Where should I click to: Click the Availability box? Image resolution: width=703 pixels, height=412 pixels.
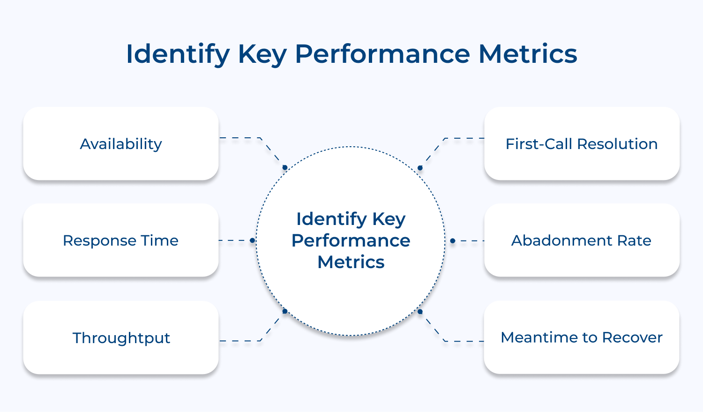pyautogui.click(x=121, y=143)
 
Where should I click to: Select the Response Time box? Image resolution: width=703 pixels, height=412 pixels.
pyautogui.click(x=121, y=240)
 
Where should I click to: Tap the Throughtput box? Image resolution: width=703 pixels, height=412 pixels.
pyautogui.click(x=121, y=337)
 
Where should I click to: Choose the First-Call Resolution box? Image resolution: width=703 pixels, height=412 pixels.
pyautogui.click(x=582, y=143)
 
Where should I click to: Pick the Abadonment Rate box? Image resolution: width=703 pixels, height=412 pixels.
pyautogui.click(x=582, y=240)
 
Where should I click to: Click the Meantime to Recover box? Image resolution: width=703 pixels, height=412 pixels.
pyautogui.click(x=582, y=337)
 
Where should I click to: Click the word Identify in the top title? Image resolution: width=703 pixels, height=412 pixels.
pyautogui.click(x=178, y=54)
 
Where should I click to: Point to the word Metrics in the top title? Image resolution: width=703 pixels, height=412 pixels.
pyautogui.click(x=528, y=54)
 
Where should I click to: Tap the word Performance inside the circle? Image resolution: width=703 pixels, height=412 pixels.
pyautogui.click(x=351, y=240)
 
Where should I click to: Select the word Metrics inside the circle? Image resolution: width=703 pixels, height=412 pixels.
pyautogui.click(x=351, y=262)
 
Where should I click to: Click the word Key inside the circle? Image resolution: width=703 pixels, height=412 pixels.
pyautogui.click(x=389, y=219)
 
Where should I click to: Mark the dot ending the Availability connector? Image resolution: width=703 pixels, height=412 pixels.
pyautogui.click(x=284, y=167)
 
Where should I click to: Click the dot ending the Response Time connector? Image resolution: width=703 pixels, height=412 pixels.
pyautogui.click(x=252, y=240)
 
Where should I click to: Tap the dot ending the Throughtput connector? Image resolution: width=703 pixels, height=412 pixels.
pyautogui.click(x=284, y=311)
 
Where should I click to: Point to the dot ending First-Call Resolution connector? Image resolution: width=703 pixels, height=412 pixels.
pyautogui.click(x=420, y=168)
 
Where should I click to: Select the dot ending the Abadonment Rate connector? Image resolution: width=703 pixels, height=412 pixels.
pyautogui.click(x=452, y=241)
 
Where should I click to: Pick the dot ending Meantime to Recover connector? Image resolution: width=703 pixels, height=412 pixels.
pyautogui.click(x=420, y=311)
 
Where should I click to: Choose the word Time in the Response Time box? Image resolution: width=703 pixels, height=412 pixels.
pyautogui.click(x=159, y=240)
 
